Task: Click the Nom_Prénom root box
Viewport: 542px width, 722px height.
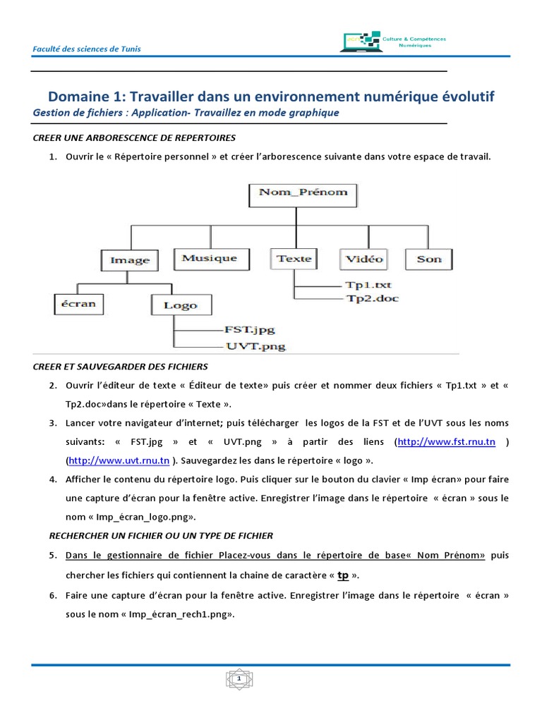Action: [303, 192]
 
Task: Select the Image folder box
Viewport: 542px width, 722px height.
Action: [130, 260]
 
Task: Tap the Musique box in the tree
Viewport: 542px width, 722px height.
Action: [209, 258]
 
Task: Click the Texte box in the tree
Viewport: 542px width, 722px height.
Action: [294, 259]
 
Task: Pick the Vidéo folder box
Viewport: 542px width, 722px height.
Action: [364, 259]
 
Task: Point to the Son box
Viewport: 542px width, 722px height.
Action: [429, 259]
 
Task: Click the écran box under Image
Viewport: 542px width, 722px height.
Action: [78, 304]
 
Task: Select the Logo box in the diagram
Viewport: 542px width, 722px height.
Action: [180, 305]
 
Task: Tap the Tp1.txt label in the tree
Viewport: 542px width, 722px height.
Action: [368, 286]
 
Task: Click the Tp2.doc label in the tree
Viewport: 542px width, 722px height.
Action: [371, 298]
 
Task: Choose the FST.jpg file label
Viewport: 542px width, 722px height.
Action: [249, 329]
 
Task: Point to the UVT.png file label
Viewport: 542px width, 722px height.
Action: [255, 346]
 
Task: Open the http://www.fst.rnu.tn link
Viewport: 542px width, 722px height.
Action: [446, 442]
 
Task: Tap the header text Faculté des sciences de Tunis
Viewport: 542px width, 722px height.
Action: [87, 49]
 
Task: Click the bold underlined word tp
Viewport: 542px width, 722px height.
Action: [344, 575]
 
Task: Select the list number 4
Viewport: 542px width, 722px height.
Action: [52, 479]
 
